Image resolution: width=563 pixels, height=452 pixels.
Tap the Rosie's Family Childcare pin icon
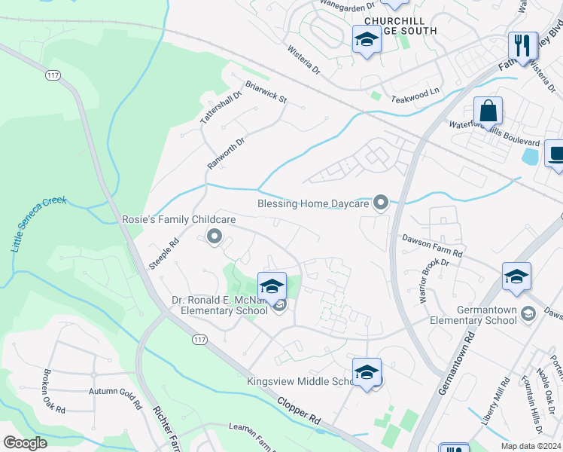[214, 238]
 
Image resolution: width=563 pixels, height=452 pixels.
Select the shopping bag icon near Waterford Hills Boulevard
[488, 111]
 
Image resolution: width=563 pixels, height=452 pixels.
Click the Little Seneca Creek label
[38, 224]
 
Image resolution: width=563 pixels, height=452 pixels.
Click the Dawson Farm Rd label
[431, 246]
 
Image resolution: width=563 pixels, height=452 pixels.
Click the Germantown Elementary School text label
[473, 315]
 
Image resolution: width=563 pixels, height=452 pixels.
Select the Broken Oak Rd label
[53, 392]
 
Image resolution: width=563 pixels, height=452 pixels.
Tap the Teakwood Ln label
[415, 94]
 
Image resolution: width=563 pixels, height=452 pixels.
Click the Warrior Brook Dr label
[434, 280]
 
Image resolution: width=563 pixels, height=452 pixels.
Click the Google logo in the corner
[25, 443]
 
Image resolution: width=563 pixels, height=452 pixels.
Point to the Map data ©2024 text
[531, 446]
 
